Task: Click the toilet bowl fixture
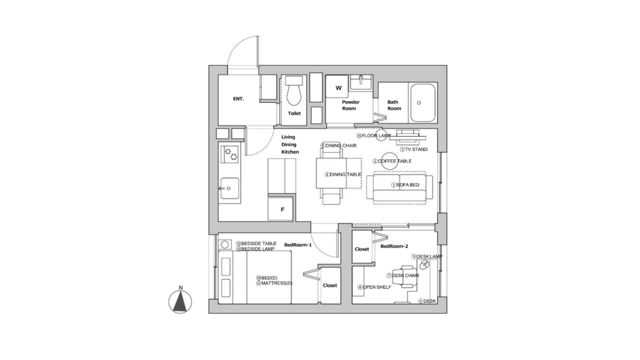click(x=294, y=91)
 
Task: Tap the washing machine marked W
click(x=337, y=86)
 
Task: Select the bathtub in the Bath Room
click(x=423, y=103)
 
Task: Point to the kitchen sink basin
click(x=229, y=188)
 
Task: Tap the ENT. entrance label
click(x=238, y=99)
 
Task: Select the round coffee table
click(x=389, y=161)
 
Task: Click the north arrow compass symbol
click(x=180, y=301)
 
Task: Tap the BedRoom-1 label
click(x=297, y=245)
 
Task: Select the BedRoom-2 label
click(x=394, y=246)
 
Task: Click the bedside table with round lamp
click(x=225, y=244)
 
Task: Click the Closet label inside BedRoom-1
click(x=329, y=285)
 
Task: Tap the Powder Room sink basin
click(x=361, y=81)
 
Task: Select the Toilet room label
click(x=294, y=113)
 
